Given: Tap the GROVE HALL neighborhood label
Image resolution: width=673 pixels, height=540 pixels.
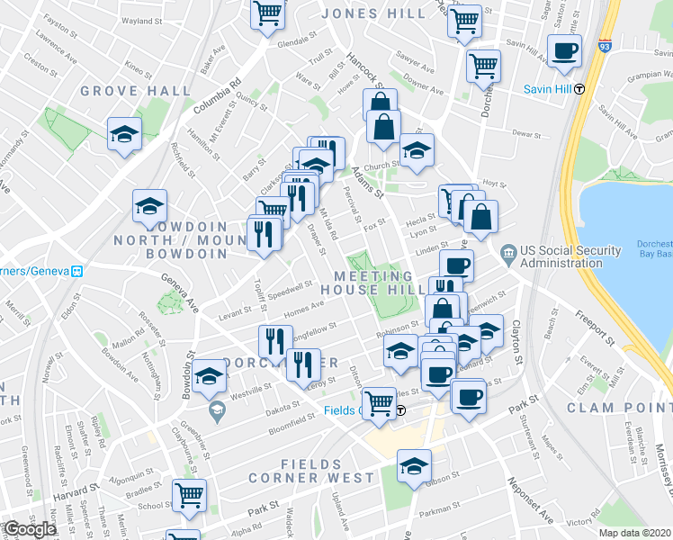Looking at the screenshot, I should [135, 91].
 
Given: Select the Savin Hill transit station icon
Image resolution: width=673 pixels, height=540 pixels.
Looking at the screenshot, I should [580, 88].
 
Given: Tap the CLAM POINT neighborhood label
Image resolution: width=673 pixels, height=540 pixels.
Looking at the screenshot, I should [617, 408].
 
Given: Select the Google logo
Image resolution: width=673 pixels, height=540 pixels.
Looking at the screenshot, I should [30, 530].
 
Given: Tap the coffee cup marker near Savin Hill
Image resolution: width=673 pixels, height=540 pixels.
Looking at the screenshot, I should [564, 52].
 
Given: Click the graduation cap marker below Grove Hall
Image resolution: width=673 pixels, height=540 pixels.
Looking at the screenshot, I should [124, 135].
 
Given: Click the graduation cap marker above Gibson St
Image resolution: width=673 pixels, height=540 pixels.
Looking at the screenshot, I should [414, 466].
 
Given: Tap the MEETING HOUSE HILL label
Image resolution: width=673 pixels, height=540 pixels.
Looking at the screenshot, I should [373, 283].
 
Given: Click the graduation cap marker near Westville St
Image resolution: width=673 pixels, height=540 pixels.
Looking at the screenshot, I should [209, 378].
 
